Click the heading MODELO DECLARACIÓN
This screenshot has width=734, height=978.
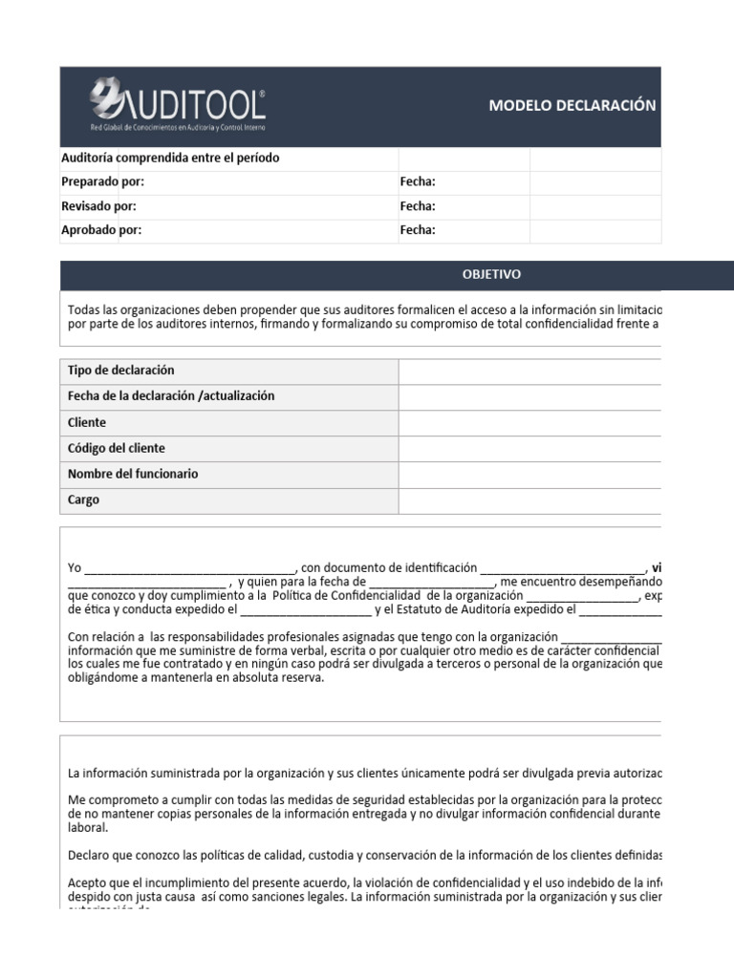tap(572, 105)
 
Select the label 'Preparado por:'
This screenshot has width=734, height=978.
tap(102, 181)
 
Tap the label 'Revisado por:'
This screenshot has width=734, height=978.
tap(98, 205)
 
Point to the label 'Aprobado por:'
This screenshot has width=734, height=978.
tap(101, 229)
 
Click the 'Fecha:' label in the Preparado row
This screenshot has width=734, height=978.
tap(418, 181)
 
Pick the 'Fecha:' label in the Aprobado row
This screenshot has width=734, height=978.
tap(418, 229)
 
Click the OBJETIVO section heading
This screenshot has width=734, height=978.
tap(491, 274)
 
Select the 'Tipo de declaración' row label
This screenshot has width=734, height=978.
tap(121, 371)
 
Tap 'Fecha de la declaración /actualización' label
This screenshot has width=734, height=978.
tap(171, 396)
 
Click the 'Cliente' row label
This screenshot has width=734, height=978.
tap(87, 422)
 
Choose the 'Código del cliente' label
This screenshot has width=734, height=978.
tap(117, 448)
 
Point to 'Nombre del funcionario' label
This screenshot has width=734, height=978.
tap(133, 474)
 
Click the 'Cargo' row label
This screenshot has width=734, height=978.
tap(83, 500)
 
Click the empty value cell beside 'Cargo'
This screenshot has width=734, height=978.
tap(529, 500)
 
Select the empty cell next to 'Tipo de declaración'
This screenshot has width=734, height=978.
tap(529, 371)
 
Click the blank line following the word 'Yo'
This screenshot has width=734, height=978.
tap(191, 567)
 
